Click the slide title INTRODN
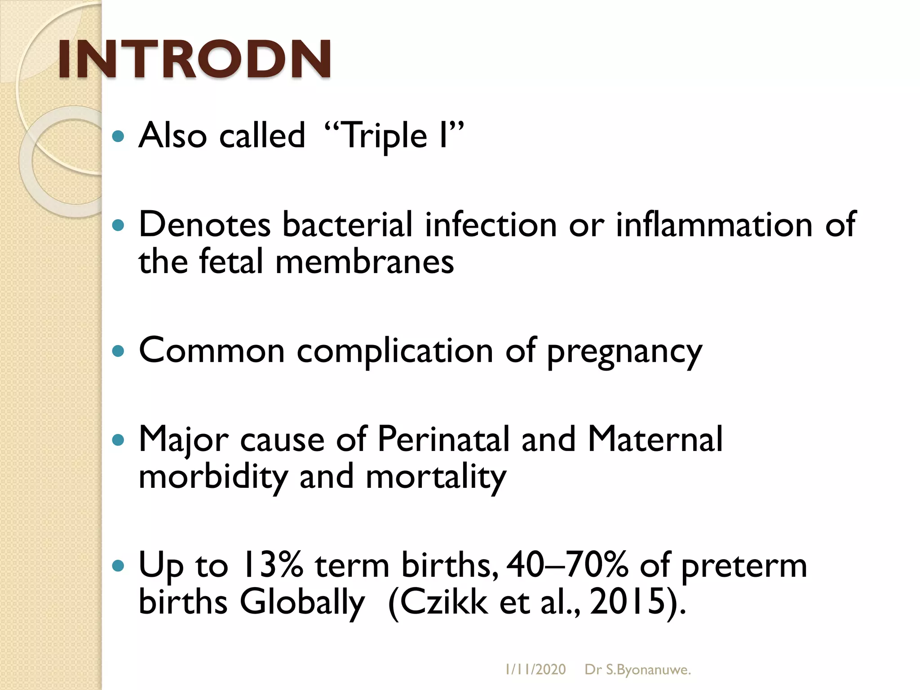tap(195, 59)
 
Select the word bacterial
tap(347, 224)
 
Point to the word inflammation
tap(714, 224)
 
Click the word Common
tap(212, 350)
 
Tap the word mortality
tap(436, 477)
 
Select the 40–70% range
tap(567, 565)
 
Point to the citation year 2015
tap(627, 602)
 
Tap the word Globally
tap(302, 602)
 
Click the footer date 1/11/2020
tap(535, 670)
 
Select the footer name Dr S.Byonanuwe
tap(637, 670)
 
